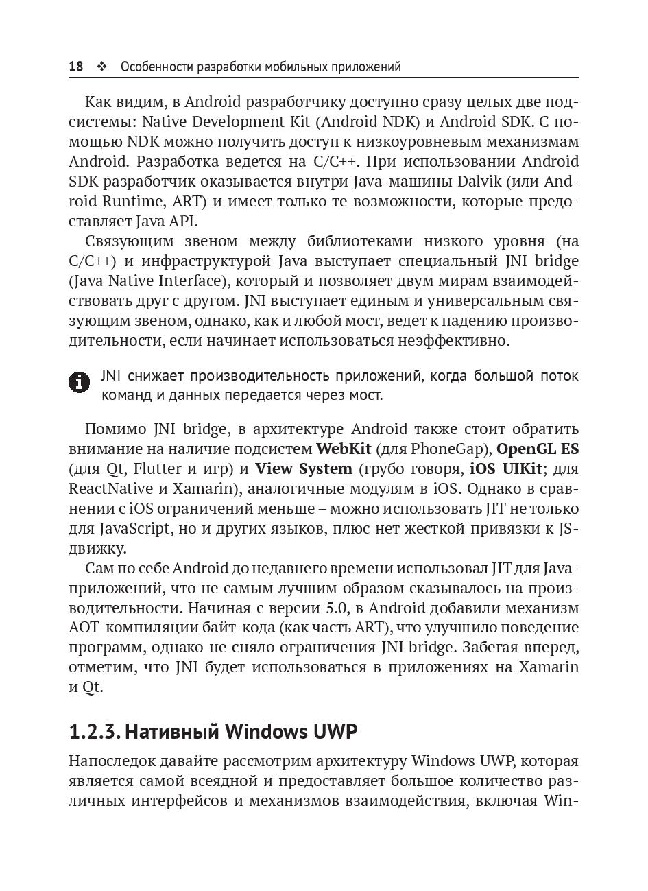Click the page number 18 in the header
tap(75, 67)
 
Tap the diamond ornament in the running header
tap(102, 67)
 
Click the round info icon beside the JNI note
tap(80, 383)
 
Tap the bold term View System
tap(303, 469)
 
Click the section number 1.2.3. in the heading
tap(94, 732)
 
